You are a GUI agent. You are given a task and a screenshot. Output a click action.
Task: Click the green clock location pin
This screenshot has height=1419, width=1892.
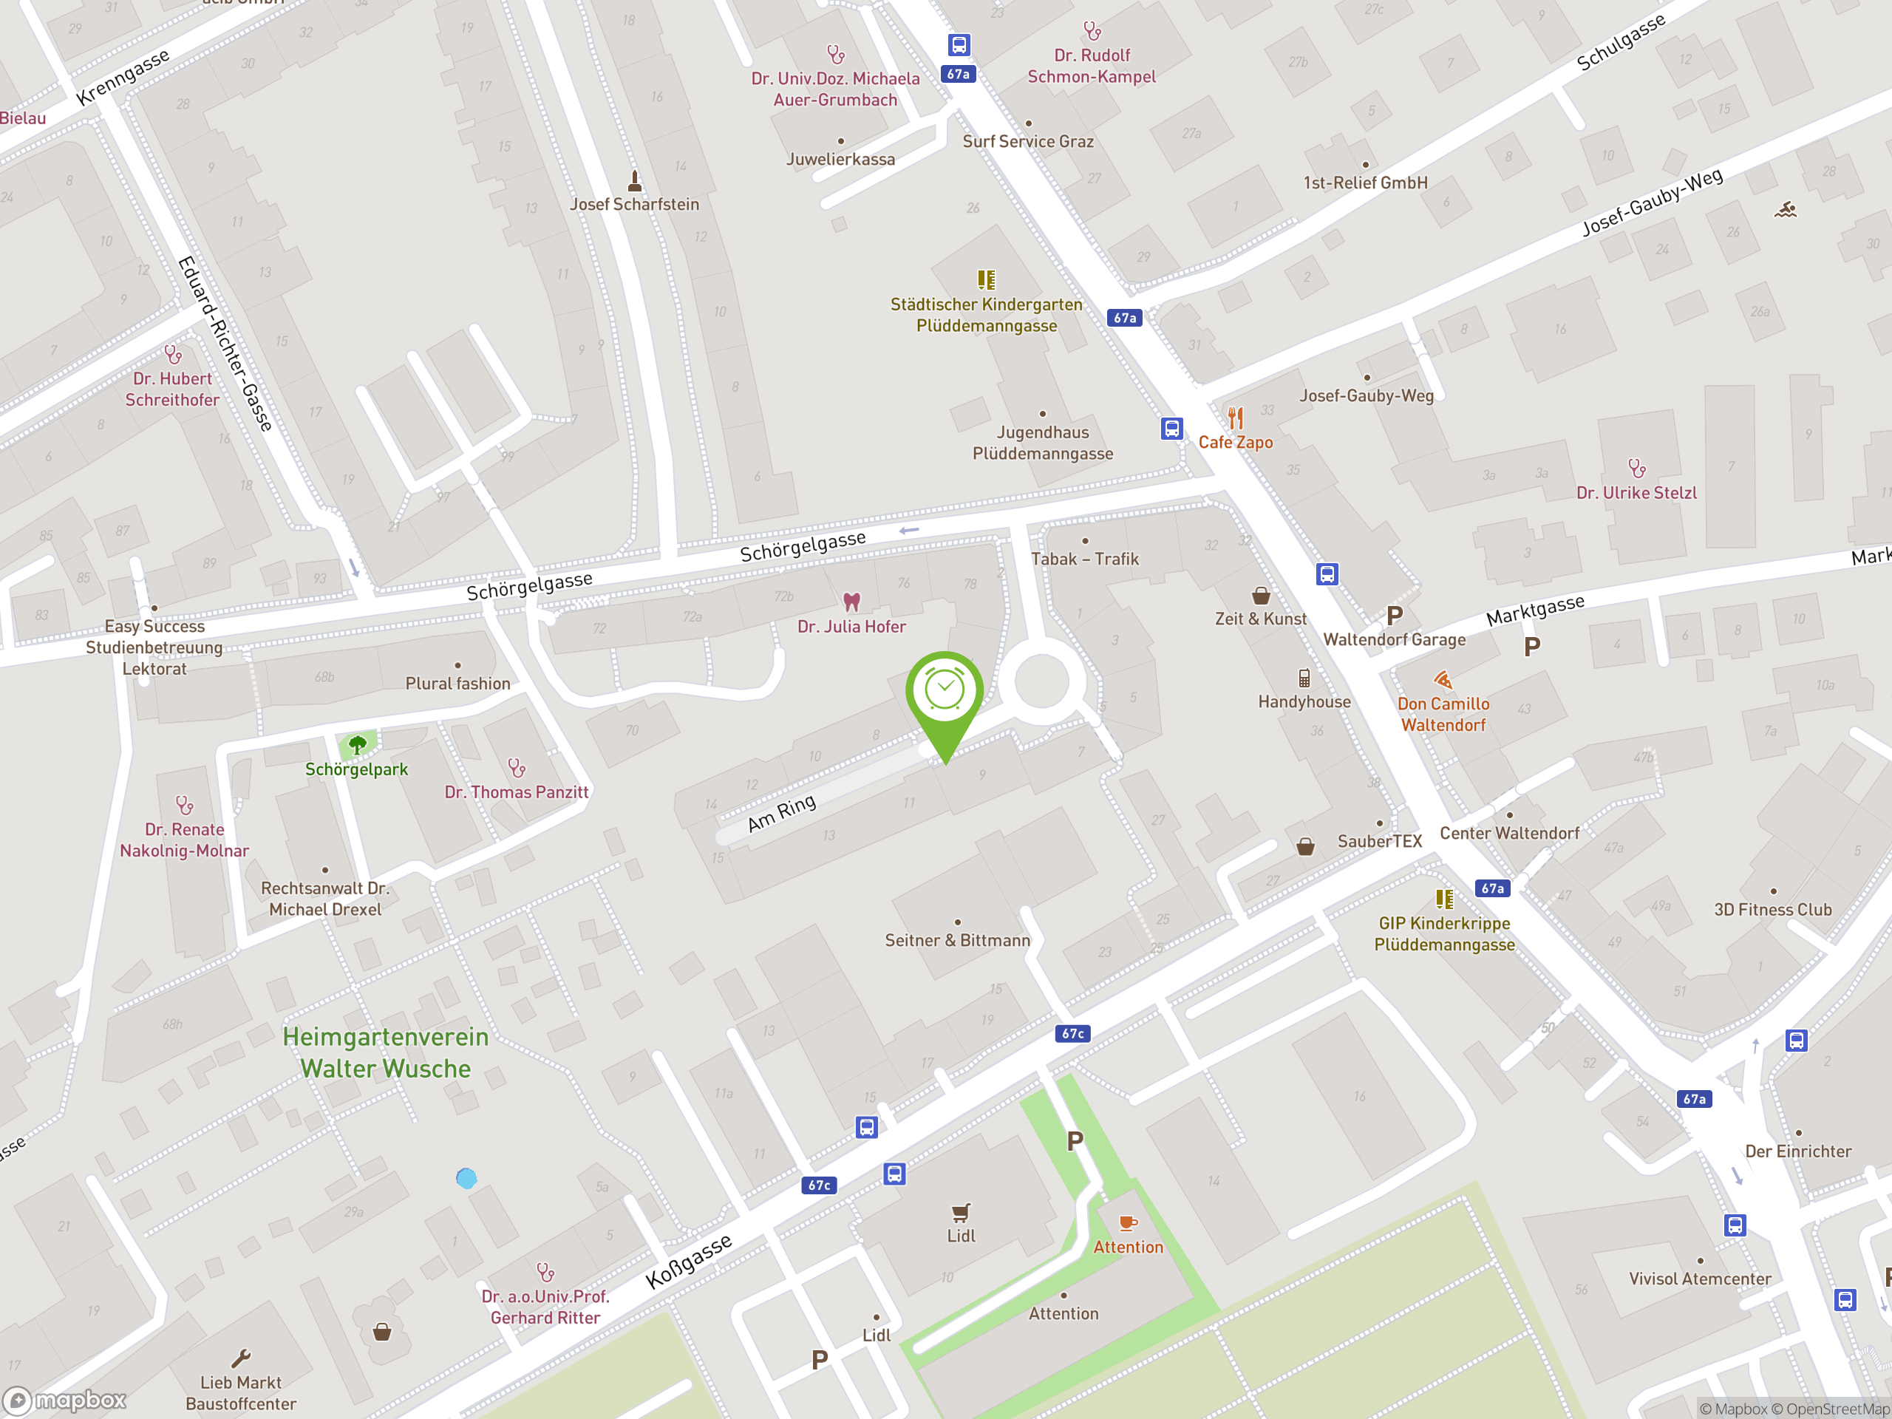945,691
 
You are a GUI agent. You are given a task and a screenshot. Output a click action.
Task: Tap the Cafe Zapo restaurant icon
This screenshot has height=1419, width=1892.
1235,418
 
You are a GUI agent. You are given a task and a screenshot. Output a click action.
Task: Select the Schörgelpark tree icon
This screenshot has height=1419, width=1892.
358,745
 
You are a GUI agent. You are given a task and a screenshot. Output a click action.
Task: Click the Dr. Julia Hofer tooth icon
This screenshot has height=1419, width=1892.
851,602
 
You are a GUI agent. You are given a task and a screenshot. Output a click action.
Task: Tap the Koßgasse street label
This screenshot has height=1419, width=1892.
689,1261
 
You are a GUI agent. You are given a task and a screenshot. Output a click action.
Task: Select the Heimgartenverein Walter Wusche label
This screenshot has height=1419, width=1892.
386,1053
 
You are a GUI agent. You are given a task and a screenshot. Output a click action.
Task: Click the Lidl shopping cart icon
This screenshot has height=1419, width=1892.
961,1212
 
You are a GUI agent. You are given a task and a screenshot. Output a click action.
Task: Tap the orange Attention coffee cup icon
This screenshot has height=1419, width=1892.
1129,1223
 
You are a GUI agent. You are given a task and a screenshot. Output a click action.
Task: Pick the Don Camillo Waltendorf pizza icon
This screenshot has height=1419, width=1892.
1443,680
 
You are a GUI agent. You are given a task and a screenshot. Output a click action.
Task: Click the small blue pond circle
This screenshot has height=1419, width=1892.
466,1179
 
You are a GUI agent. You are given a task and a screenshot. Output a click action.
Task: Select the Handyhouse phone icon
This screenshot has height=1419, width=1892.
1304,678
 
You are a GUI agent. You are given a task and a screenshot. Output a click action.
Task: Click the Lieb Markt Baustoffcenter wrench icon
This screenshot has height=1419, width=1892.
241,1358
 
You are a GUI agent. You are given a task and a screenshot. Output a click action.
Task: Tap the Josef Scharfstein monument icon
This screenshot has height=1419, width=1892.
635,180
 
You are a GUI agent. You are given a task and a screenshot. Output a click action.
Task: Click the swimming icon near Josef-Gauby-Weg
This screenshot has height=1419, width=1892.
1785,210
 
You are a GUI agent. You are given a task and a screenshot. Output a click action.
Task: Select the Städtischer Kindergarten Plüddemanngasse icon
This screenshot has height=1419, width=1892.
986,279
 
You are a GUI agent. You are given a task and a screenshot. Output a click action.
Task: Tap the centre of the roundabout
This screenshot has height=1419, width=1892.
1041,681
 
